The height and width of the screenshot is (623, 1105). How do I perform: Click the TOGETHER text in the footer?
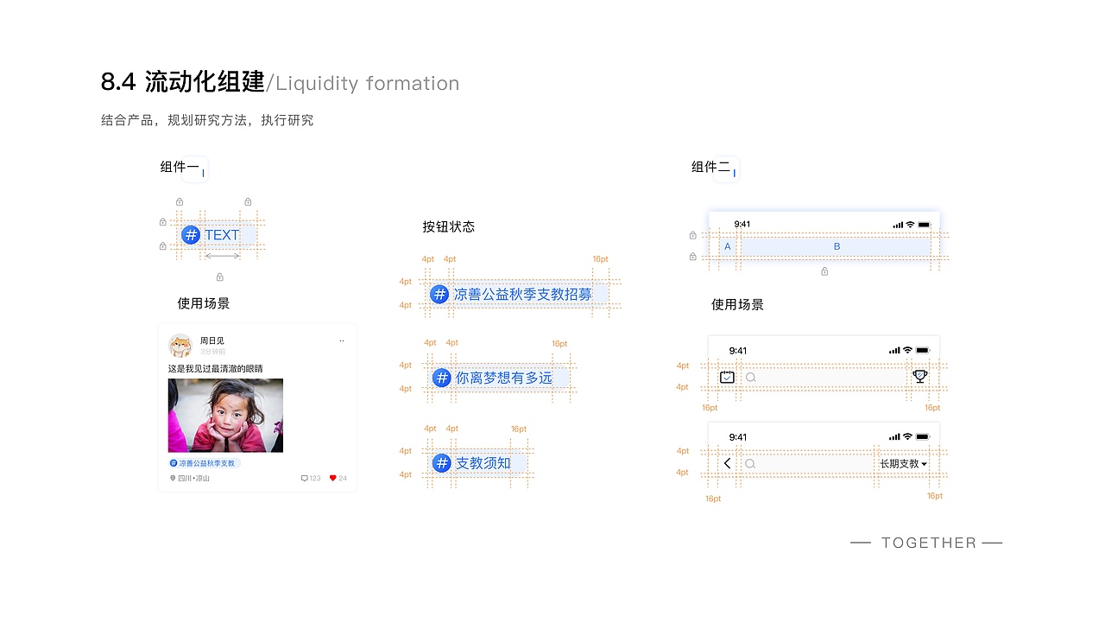[928, 543]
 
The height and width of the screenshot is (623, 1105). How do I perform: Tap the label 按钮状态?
[448, 226]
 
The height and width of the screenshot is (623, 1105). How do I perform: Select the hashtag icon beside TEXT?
[191, 235]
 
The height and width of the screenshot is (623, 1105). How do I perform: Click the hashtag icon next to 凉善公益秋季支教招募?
[439, 295]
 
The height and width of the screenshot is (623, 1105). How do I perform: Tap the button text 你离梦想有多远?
[503, 378]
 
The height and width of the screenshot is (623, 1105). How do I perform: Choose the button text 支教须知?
[483, 463]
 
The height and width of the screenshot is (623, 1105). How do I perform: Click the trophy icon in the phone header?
[920, 377]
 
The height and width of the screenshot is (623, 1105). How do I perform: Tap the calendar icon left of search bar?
[727, 377]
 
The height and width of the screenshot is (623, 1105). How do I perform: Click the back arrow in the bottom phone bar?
[727, 463]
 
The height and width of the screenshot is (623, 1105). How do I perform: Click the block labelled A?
[727, 246]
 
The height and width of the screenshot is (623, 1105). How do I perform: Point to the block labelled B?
[837, 246]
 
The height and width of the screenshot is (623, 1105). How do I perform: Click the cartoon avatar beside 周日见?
[180, 346]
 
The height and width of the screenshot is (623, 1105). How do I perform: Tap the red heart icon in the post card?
[333, 478]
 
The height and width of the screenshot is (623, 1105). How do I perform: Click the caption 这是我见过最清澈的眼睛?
[215, 369]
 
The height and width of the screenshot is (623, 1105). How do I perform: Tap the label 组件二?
[710, 167]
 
